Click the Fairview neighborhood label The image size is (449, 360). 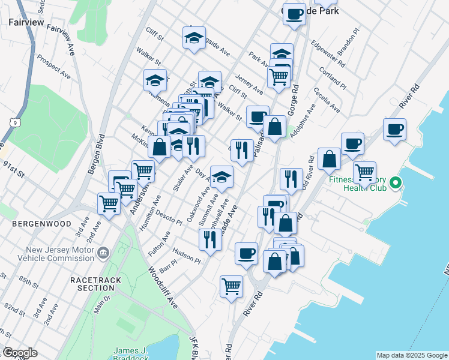(x=25, y=22)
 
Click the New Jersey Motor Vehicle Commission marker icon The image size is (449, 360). (x=103, y=252)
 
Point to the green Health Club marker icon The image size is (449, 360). (x=395, y=181)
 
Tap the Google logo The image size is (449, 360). (x=19, y=353)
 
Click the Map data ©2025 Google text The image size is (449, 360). (x=411, y=355)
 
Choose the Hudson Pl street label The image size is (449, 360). (x=185, y=256)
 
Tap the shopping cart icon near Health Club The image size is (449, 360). (x=364, y=172)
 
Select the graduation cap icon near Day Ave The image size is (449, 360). (x=221, y=176)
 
